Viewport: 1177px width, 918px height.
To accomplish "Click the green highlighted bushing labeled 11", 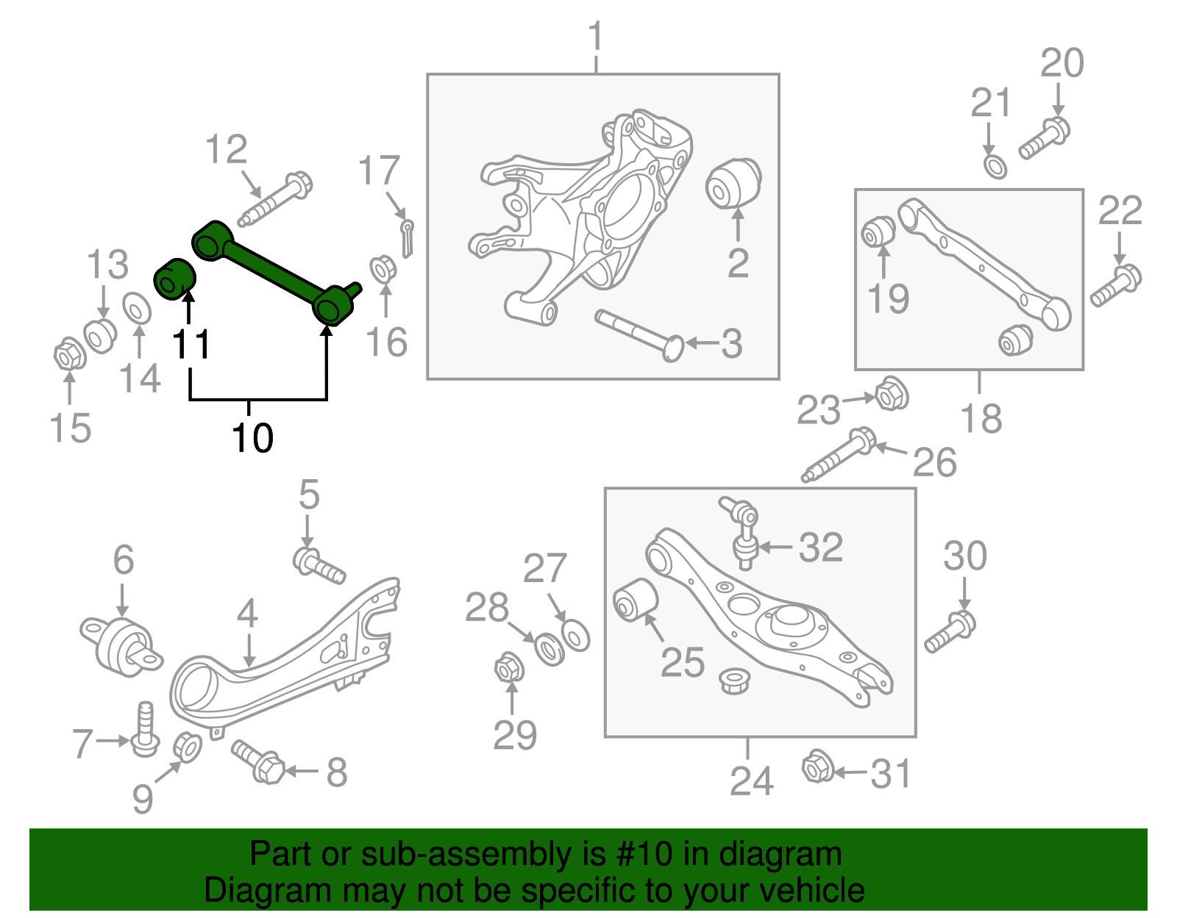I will pyautogui.click(x=174, y=279).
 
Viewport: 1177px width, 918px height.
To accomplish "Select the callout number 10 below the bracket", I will pyautogui.click(x=252, y=438).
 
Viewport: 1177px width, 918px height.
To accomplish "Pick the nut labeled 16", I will pyautogui.click(x=383, y=269).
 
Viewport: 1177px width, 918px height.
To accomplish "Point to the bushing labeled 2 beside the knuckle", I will pyautogui.click(x=733, y=183).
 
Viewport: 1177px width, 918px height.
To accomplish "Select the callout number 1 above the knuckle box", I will pyautogui.click(x=596, y=37).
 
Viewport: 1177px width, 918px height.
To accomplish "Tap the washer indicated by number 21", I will pyautogui.click(x=995, y=166).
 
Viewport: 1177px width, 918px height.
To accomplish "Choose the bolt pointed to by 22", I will pyautogui.click(x=1116, y=287).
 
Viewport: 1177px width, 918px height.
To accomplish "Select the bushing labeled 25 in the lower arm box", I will pyautogui.click(x=635, y=599).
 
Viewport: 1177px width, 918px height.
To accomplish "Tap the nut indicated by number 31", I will pyautogui.click(x=817, y=767).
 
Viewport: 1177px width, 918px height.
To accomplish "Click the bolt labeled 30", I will pyautogui.click(x=950, y=631).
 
